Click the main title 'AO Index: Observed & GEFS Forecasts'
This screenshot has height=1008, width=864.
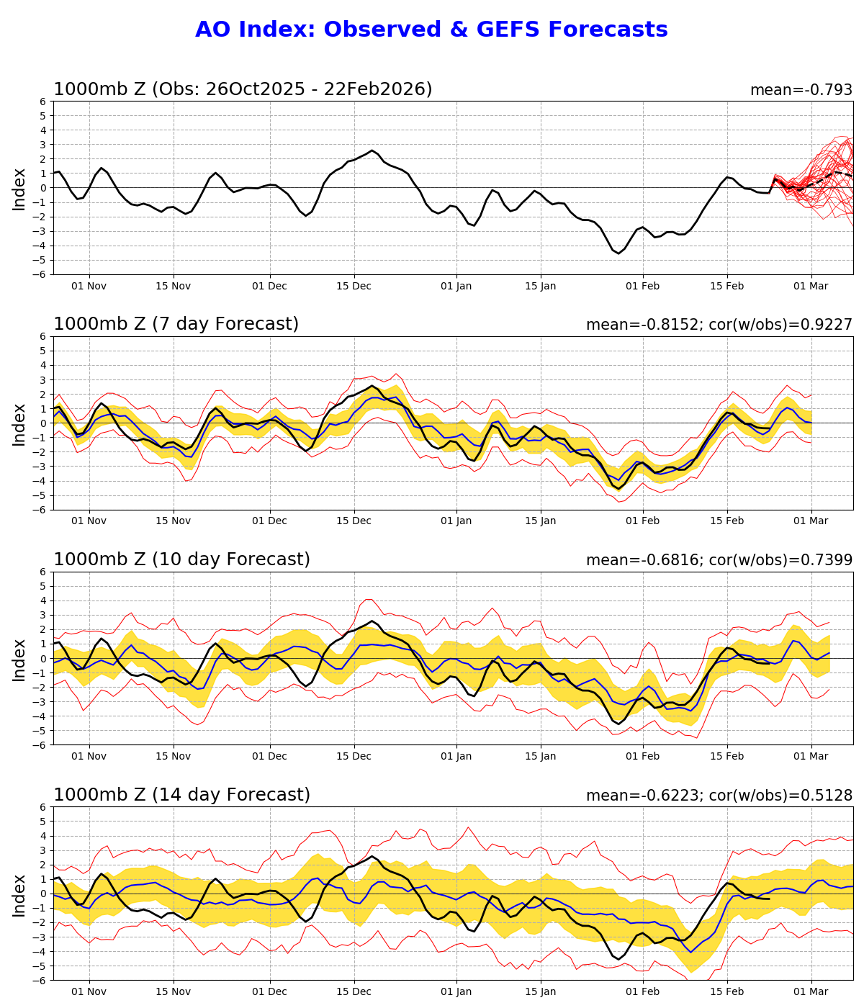pos(431,30)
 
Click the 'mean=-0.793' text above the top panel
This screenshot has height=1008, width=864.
pos(801,91)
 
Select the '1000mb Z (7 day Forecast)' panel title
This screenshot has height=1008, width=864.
pos(176,325)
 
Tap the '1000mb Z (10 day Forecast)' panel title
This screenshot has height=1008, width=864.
pos(181,560)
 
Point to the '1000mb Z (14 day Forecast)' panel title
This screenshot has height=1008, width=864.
pos(181,796)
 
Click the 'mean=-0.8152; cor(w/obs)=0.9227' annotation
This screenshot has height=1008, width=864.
pos(719,325)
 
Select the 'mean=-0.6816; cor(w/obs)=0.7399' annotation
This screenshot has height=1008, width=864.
pos(719,561)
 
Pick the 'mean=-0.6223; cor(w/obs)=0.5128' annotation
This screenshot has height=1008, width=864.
pos(719,796)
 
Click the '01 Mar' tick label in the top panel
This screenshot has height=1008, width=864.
pos(811,286)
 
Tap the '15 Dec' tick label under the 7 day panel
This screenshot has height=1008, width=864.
pos(354,521)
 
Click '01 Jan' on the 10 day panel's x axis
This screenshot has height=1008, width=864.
pos(456,757)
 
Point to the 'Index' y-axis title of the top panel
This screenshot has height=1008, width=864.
pos(19,189)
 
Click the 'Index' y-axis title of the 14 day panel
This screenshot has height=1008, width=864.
pos(19,894)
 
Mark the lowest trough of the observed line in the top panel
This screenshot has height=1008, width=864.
pos(618,253)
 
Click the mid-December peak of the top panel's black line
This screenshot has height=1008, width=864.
pos(372,150)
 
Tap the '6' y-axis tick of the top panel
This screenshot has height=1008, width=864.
pos(44,102)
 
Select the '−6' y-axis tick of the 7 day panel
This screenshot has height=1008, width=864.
pos(41,510)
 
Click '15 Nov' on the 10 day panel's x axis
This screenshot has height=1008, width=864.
pos(174,757)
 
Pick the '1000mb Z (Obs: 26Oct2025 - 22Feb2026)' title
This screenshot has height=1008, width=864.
pos(243,90)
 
